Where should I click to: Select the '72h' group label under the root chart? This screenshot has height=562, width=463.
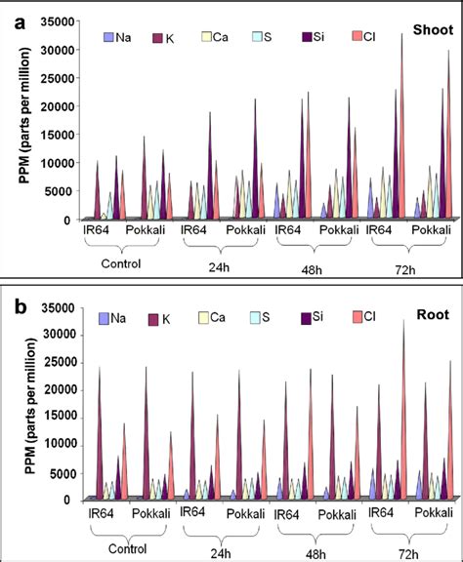tap(407, 551)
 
